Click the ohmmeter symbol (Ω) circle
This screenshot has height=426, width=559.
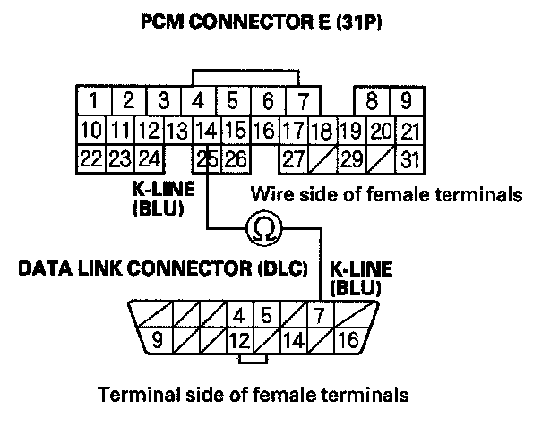pos(264,231)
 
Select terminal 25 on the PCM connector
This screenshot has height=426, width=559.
pos(208,161)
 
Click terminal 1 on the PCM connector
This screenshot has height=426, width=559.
pos(92,99)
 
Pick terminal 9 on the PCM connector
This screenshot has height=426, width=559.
pos(406,99)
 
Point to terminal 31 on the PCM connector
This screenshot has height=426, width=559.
pos(410,161)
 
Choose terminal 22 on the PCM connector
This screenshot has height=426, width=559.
pos(90,161)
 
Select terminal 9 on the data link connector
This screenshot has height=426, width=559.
pos(155,340)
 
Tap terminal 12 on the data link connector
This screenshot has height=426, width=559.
pos(237,340)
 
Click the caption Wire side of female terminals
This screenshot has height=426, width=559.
pos(386,193)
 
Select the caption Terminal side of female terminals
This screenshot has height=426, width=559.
pos(253,394)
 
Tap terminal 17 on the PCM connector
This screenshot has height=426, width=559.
pos(293,131)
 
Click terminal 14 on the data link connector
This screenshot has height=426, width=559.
pos(293,340)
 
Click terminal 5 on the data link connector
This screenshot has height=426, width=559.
pos(266,315)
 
